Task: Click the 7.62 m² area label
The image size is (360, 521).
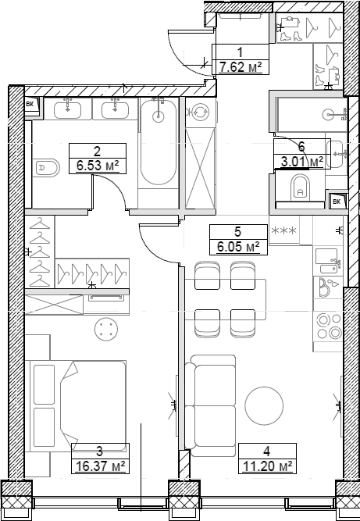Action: point(242,68)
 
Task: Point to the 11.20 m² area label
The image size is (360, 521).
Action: point(267,466)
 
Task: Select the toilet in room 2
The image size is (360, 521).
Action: point(47,167)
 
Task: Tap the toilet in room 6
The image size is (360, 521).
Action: point(299,187)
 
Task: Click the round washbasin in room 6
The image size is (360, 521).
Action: point(328,116)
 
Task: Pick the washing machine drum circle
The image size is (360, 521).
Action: point(200,112)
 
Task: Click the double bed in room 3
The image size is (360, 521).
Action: point(77,404)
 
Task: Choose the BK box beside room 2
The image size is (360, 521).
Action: point(30,105)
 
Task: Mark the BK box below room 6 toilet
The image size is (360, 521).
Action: point(337,202)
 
